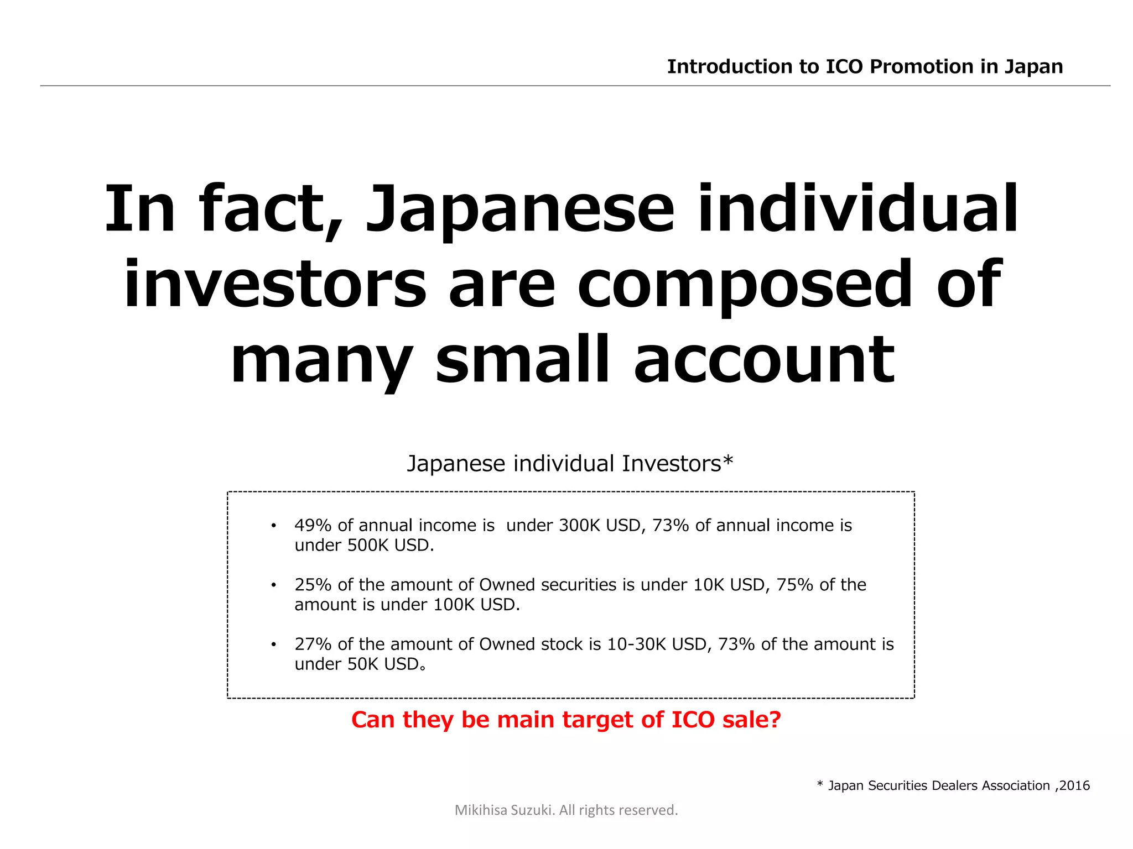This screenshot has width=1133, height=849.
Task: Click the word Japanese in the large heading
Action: [520, 210]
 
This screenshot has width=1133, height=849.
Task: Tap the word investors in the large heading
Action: [275, 285]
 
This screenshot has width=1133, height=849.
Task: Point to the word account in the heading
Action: [764, 360]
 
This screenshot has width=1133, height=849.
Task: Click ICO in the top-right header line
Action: [844, 67]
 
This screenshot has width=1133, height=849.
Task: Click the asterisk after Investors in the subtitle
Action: [728, 460]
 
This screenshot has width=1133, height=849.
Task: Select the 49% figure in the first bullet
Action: [313, 525]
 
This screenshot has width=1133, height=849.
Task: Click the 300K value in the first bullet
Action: [579, 525]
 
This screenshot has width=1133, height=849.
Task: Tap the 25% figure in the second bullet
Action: [313, 585]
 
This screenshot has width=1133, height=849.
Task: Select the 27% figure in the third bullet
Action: [313, 644]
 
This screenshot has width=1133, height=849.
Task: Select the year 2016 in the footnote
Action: [1075, 785]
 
